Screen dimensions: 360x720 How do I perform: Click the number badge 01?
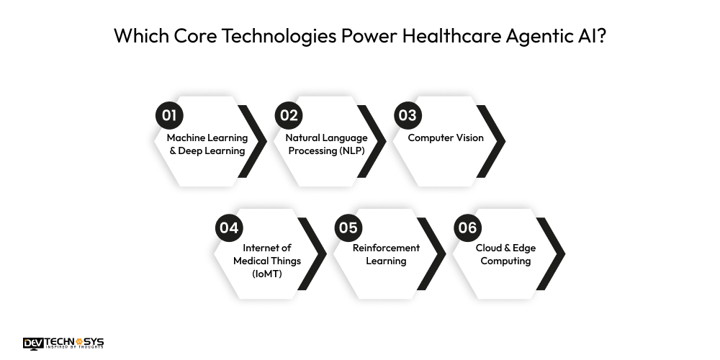click(169, 115)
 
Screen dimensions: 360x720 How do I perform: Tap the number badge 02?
click(289, 115)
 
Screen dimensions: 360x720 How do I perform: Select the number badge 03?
click(408, 115)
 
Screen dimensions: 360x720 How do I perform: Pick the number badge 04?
click(229, 228)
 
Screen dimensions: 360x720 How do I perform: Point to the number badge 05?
click(348, 228)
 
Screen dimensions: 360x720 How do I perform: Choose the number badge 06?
click(467, 228)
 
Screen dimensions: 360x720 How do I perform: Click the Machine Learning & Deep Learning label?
click(207, 144)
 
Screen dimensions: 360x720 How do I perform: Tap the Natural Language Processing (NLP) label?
click(326, 144)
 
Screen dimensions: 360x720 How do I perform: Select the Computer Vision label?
click(446, 138)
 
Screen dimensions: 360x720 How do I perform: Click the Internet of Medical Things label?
click(267, 254)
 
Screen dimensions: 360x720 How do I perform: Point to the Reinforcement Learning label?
click(386, 254)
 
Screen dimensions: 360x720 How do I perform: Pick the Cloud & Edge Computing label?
click(505, 254)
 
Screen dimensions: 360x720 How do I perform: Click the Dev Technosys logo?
click(63, 343)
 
